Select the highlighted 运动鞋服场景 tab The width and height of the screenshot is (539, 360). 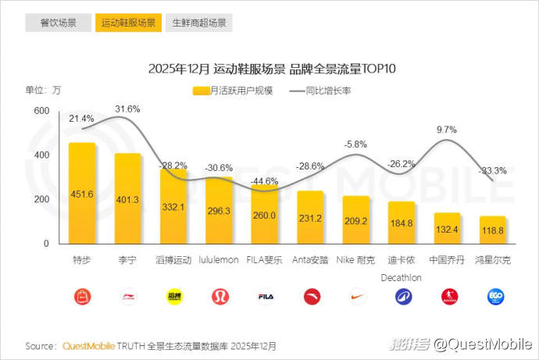click(x=128, y=23)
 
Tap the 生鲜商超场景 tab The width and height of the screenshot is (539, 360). click(x=198, y=23)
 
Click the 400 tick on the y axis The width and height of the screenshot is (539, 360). click(x=41, y=155)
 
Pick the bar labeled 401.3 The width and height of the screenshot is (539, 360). click(x=128, y=199)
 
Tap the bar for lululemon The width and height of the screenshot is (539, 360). click(x=220, y=211)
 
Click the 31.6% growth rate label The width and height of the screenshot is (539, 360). click(x=127, y=109)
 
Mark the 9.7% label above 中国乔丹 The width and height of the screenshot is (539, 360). click(x=446, y=129)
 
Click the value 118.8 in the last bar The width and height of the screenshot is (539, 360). click(x=493, y=231)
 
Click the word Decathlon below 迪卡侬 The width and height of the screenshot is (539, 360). click(x=402, y=276)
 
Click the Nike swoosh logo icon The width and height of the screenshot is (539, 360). click(x=356, y=297)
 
